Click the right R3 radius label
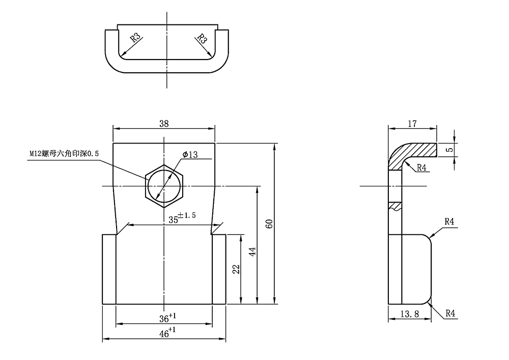(202, 39)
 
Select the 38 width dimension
(164, 123)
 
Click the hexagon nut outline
(164, 186)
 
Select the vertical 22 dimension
(236, 269)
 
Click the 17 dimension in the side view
(412, 123)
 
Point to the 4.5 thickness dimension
(448, 149)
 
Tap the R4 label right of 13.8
(450, 314)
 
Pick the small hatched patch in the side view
(395, 206)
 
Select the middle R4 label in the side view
(449, 221)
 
